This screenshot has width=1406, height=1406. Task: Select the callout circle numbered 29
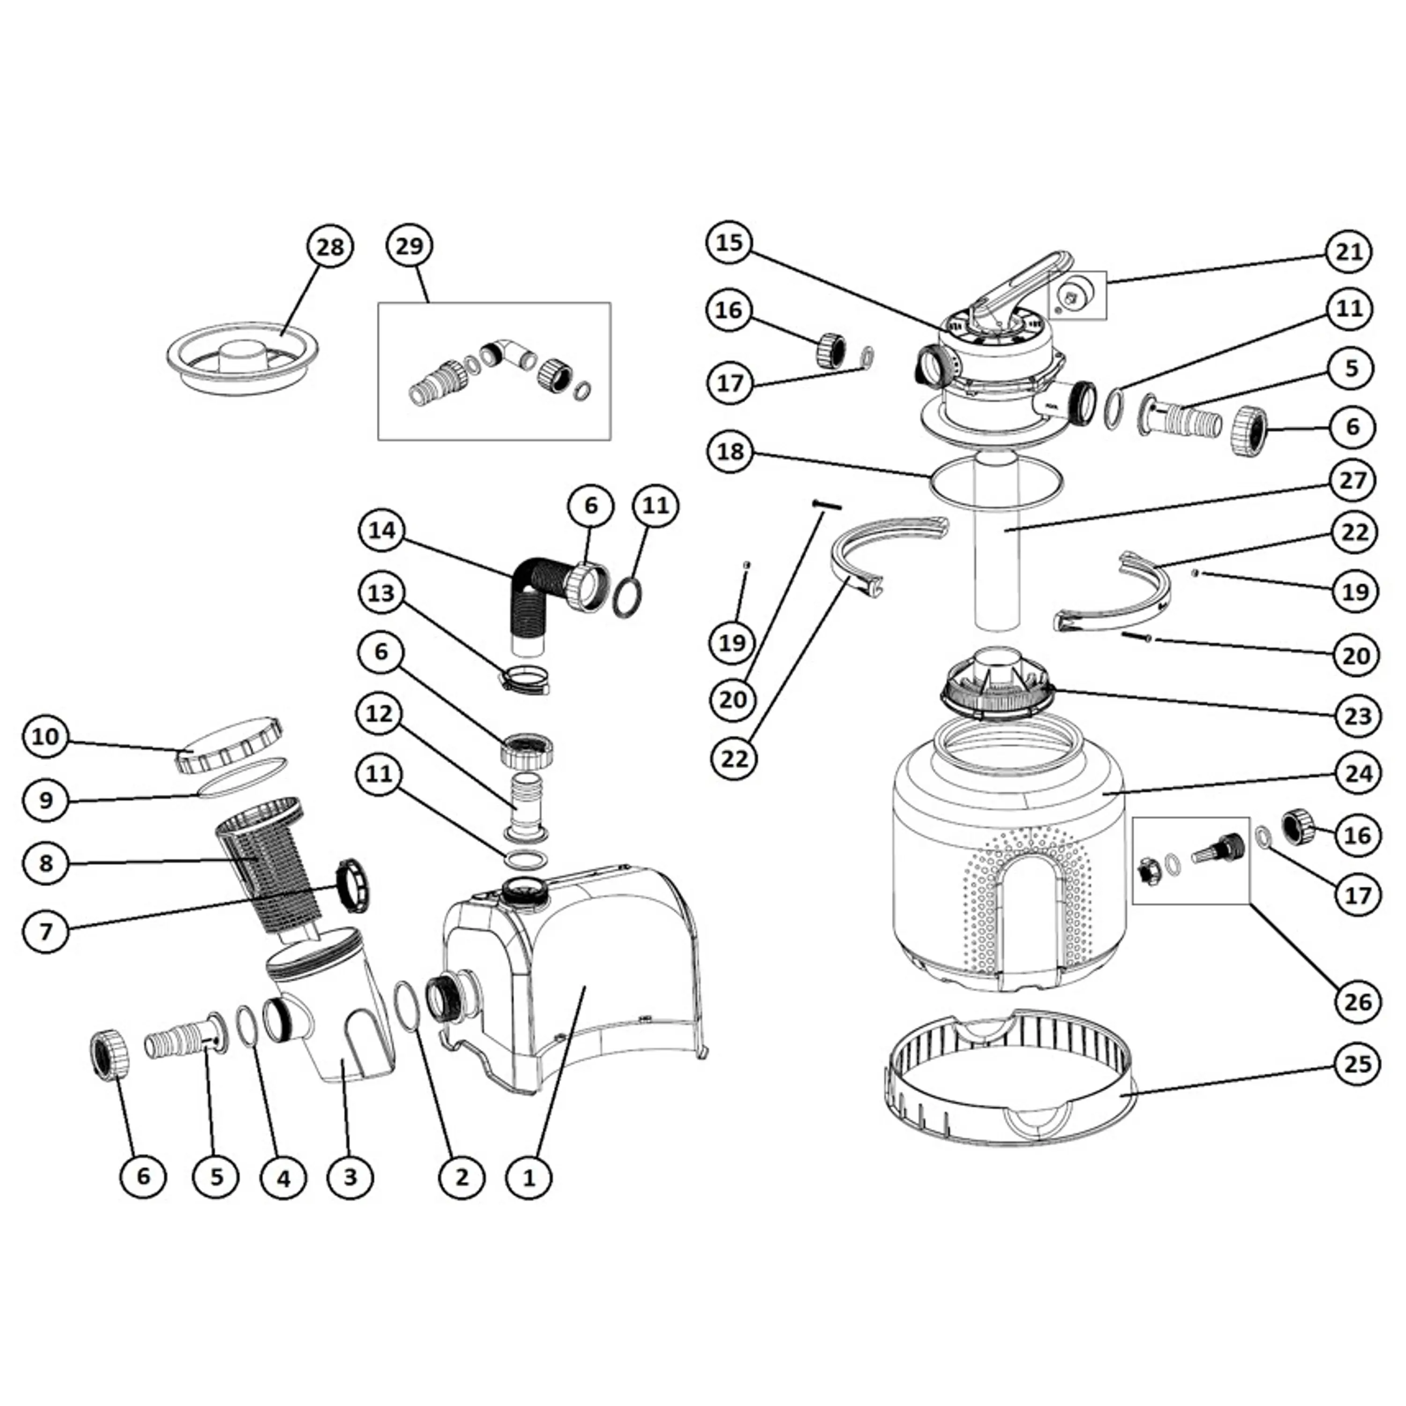pos(409,247)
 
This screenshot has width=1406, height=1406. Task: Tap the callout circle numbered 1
pos(530,1177)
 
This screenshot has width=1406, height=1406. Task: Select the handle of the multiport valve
pos(1011,291)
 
